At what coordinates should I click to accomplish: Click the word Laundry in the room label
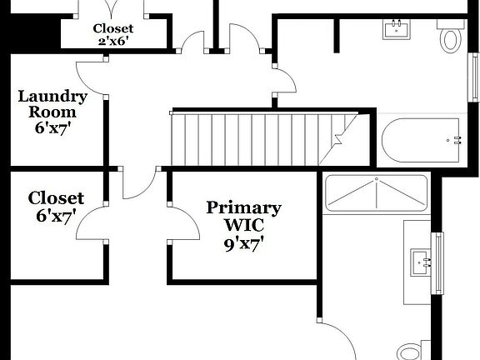point(52,97)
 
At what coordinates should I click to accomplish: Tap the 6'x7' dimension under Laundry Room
point(52,128)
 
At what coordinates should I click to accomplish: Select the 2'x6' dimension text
point(112,41)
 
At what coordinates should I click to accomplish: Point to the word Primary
point(243,207)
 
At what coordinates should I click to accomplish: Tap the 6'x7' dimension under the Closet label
point(55,215)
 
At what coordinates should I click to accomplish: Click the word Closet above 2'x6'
point(112,28)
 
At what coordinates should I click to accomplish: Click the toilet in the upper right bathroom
point(451,37)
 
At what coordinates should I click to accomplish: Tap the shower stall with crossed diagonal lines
point(376,192)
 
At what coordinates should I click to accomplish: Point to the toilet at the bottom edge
point(410,351)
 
